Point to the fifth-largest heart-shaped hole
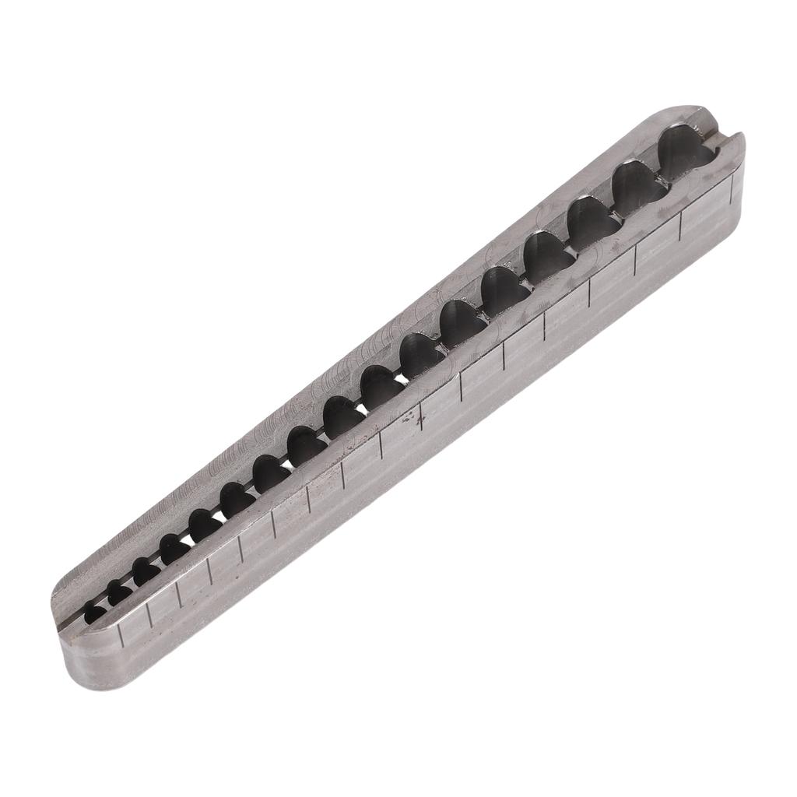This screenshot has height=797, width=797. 505,293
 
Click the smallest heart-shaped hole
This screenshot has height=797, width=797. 95,613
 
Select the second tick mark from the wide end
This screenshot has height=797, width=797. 682,223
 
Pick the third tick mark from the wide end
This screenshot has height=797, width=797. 635,259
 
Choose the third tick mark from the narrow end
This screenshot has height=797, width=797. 178,592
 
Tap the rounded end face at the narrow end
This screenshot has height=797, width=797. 82,662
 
